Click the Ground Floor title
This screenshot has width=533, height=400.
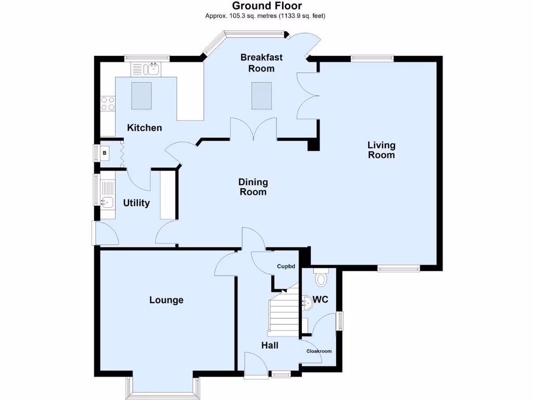[x=266, y=6]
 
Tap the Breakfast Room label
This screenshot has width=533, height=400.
[x=261, y=63]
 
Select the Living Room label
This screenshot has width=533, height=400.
[x=381, y=150]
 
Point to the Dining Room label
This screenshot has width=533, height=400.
[x=253, y=187]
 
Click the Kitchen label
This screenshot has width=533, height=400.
[x=145, y=128]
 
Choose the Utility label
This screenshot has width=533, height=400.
[x=136, y=203]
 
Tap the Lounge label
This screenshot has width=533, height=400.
[x=166, y=300]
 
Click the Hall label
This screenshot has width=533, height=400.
[x=270, y=345]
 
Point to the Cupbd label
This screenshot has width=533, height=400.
[x=286, y=267]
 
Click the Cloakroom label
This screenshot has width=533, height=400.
[x=319, y=351]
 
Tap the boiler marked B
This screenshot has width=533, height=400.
[x=105, y=153]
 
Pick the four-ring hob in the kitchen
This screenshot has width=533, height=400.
[x=108, y=104]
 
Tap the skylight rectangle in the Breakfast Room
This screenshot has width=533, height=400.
[x=262, y=96]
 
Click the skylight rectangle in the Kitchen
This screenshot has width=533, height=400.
[x=141, y=96]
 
